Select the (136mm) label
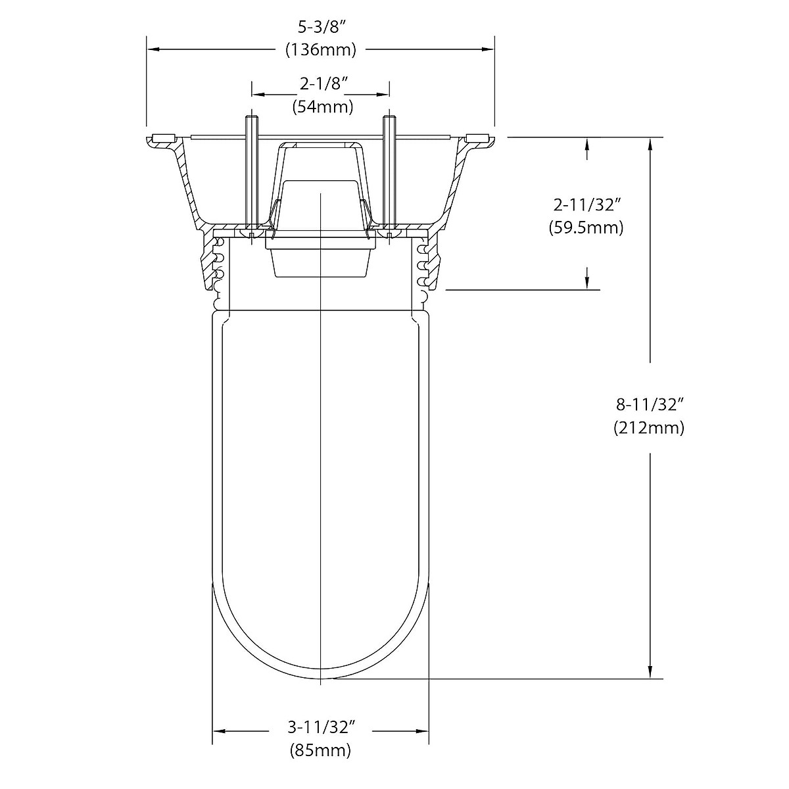pos(320,50)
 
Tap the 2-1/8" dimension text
pos(323,84)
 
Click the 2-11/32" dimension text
pos(585,205)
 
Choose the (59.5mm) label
pos(585,227)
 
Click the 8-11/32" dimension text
pos(649,404)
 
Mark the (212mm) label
pos(649,427)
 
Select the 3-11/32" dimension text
pos(322,728)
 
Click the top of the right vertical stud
pos(389,118)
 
